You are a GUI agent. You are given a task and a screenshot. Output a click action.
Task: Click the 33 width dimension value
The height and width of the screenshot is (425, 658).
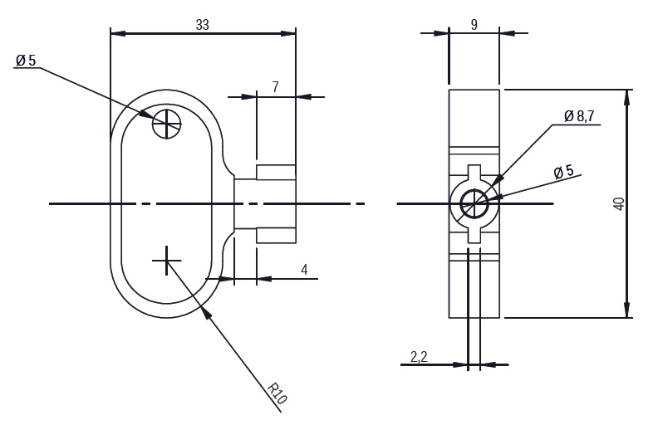202,24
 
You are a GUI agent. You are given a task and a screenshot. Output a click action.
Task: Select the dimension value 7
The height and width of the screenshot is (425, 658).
276,87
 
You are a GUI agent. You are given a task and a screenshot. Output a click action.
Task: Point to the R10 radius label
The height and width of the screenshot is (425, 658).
277,393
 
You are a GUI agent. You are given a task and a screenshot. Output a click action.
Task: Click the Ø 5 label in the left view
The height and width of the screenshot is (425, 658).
26,61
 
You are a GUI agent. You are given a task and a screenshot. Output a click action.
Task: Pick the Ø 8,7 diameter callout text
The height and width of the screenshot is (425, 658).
579,117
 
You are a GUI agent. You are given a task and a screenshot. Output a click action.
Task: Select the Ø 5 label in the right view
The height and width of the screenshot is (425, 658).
564,172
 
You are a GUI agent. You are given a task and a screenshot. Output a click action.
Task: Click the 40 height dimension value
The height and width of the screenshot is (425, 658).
618,204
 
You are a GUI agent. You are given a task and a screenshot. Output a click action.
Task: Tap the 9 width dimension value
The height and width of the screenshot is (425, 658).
474,24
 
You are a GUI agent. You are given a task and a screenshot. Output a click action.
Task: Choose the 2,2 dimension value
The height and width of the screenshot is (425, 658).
419,357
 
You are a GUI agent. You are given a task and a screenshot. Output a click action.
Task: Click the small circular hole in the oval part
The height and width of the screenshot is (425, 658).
167,125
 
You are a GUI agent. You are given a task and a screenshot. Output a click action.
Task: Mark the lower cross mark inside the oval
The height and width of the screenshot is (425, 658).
167,260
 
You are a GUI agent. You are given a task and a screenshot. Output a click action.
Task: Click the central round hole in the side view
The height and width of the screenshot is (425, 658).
474,202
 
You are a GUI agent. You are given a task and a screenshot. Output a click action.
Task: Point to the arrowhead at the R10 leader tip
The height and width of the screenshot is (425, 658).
206,309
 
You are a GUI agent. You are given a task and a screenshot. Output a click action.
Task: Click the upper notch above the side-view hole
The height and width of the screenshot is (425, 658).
474,173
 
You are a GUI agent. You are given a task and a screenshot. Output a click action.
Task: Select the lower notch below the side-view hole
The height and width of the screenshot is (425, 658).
474,233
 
